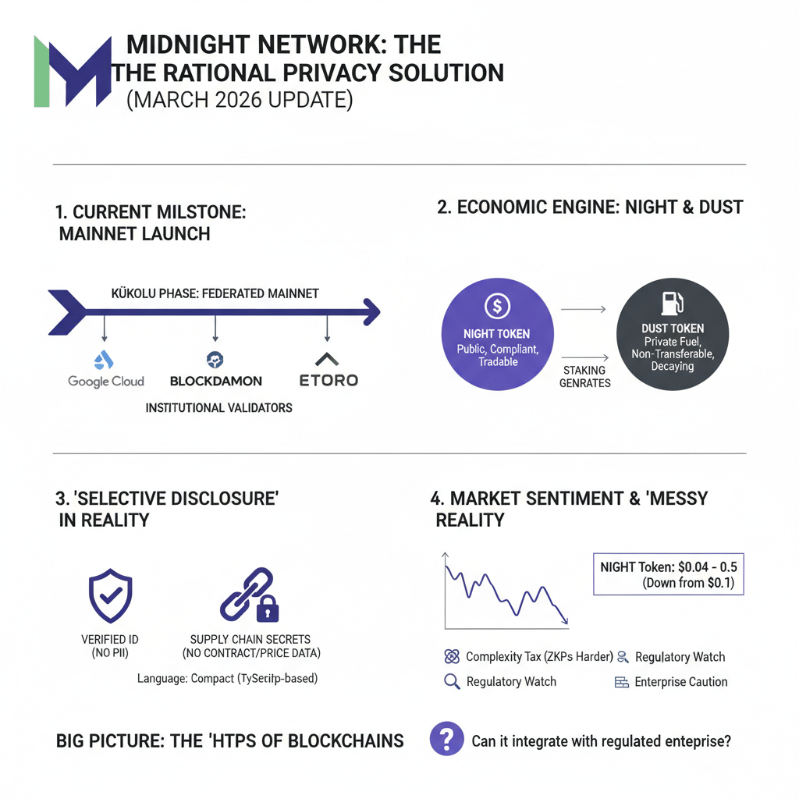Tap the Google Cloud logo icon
point(104,360)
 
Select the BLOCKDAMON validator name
point(215,382)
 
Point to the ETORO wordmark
point(328,381)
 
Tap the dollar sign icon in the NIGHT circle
point(497,305)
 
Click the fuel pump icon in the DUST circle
point(672,303)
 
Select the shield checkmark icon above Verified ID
point(110,593)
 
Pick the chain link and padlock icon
point(250,594)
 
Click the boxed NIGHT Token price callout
point(668,575)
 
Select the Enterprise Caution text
point(680,682)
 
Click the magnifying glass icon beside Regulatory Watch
point(451,682)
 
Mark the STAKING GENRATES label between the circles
point(584,377)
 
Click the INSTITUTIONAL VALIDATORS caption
point(218,408)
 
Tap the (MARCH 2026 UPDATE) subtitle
point(239,101)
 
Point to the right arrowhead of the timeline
point(372,313)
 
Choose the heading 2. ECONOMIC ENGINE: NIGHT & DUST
point(590,208)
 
